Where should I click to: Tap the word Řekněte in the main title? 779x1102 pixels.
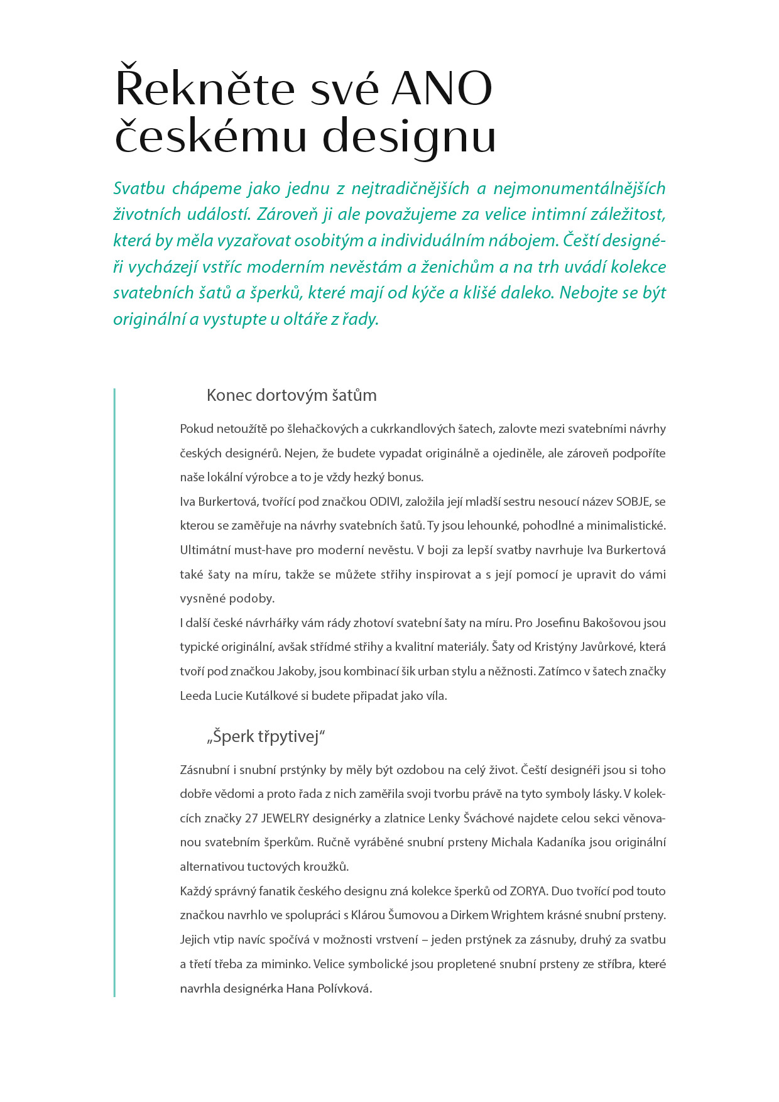[205, 89]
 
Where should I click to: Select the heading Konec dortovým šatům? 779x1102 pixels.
[291, 395]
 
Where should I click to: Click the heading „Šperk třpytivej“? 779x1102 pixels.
[266, 736]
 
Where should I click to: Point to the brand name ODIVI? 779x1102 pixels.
[384, 501]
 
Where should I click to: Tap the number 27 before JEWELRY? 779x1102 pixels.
[251, 818]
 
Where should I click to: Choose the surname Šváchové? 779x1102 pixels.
[488, 818]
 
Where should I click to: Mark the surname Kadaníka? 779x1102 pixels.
[561, 843]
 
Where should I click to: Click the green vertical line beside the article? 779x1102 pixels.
[114, 691]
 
